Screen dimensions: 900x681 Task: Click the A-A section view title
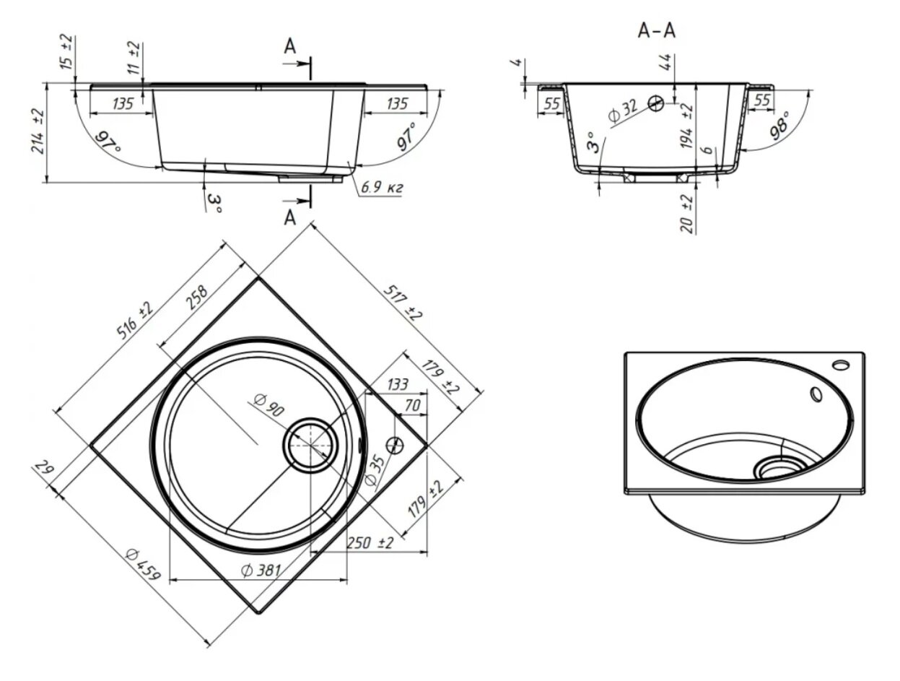pyautogui.click(x=657, y=32)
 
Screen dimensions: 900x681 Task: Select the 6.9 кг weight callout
pyautogui.click(x=382, y=188)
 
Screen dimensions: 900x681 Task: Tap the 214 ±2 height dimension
pyautogui.click(x=38, y=131)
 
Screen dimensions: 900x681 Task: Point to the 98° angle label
pyautogui.click(x=780, y=125)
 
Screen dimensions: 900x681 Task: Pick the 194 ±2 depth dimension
pyautogui.click(x=686, y=126)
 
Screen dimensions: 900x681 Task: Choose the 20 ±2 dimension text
pyautogui.click(x=687, y=214)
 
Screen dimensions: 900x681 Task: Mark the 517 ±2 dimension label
pyautogui.click(x=403, y=303)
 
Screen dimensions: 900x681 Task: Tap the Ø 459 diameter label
pyautogui.click(x=143, y=565)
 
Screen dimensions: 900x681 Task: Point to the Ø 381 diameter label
pyautogui.click(x=261, y=571)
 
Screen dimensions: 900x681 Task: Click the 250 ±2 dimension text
pyautogui.click(x=370, y=543)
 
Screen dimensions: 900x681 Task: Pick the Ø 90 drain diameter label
pyautogui.click(x=268, y=405)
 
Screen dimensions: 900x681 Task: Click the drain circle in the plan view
pyautogui.click(x=310, y=445)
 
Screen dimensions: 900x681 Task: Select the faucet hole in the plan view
pyautogui.click(x=395, y=445)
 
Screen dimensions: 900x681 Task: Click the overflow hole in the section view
pyautogui.click(x=655, y=103)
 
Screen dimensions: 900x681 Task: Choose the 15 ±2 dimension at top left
pyautogui.click(x=68, y=52)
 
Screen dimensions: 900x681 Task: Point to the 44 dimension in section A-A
pyautogui.click(x=666, y=63)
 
